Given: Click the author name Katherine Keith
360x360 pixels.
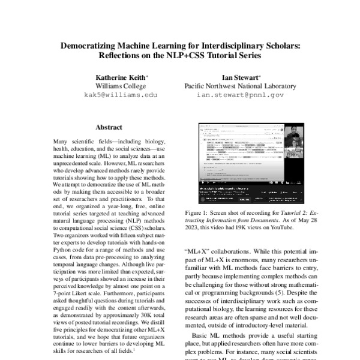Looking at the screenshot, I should click(121, 77).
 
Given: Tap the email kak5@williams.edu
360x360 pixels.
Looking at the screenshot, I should click(121, 95).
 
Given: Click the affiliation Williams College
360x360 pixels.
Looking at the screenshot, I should click(121, 86).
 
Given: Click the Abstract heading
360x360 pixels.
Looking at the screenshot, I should click(109, 128).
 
